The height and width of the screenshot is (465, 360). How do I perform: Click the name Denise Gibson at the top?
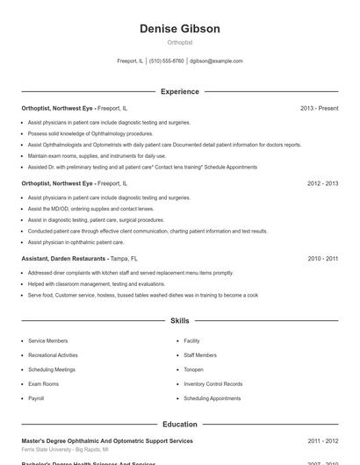[179, 29]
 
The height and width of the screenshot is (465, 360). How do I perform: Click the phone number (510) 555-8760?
[167, 61]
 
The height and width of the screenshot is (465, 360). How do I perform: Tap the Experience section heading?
[179, 91]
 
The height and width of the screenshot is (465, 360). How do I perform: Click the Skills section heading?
[179, 321]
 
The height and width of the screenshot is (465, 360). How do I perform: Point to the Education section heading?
[179, 424]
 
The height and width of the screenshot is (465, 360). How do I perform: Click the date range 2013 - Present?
[319, 109]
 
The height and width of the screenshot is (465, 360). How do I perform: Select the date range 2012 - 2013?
[322, 183]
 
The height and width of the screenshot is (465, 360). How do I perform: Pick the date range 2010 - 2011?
[322, 259]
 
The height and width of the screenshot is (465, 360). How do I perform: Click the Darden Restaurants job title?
[64, 259]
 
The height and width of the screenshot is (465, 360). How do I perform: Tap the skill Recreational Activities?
[53, 355]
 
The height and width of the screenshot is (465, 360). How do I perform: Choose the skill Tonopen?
[193, 369]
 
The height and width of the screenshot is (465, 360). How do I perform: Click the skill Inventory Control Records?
[212, 383]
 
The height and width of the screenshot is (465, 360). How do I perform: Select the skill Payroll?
[36, 398]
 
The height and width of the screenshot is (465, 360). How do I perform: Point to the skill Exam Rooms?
[43, 383]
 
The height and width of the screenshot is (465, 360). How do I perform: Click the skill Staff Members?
[200, 355]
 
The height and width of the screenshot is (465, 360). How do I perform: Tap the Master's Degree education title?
[107, 440]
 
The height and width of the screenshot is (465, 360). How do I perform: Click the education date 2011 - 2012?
[322, 440]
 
